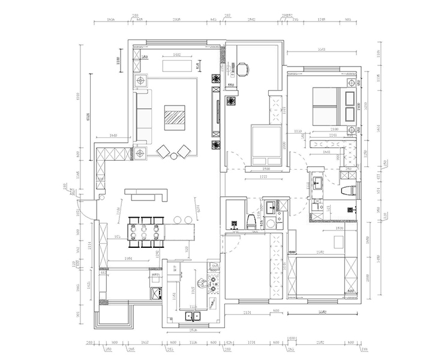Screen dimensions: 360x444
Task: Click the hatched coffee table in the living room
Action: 175,116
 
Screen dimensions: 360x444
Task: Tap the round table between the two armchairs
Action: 173,155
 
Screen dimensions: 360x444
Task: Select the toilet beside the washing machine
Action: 250,221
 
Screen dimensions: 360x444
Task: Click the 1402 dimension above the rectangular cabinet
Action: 177,55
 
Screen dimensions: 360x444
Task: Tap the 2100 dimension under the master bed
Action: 334,130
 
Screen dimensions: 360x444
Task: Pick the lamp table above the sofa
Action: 141,80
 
